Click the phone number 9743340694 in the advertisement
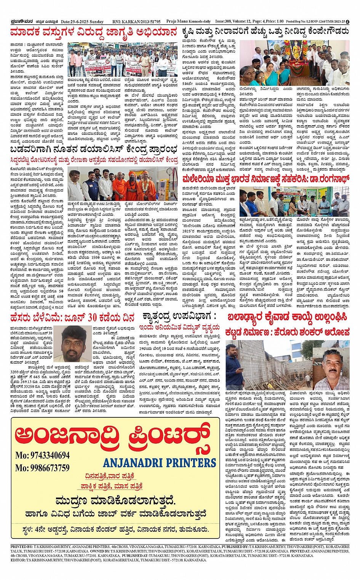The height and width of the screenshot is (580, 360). coord(43,455)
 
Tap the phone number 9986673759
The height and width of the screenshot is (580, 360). coord(43,468)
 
